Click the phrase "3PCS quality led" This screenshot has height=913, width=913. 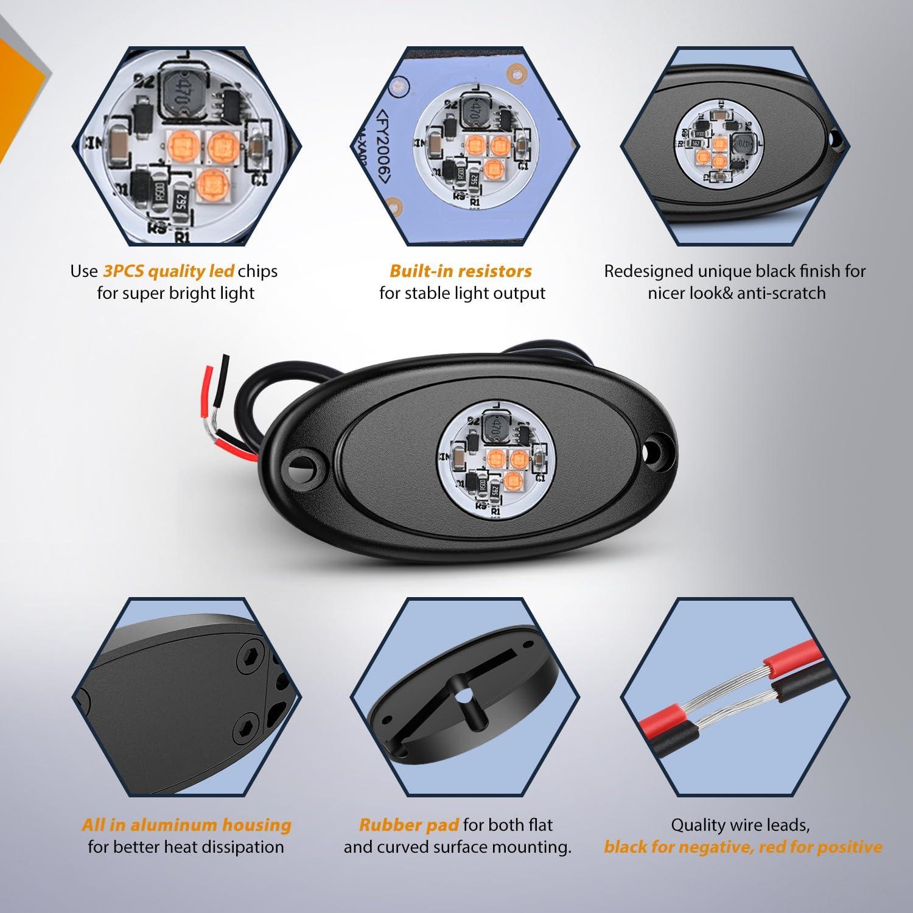169,271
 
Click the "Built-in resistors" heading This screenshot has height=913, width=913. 461,271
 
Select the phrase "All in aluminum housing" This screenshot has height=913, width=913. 187,825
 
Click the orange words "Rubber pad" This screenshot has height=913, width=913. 409,825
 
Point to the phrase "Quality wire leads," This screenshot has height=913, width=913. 740,825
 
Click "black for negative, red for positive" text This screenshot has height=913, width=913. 743,847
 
